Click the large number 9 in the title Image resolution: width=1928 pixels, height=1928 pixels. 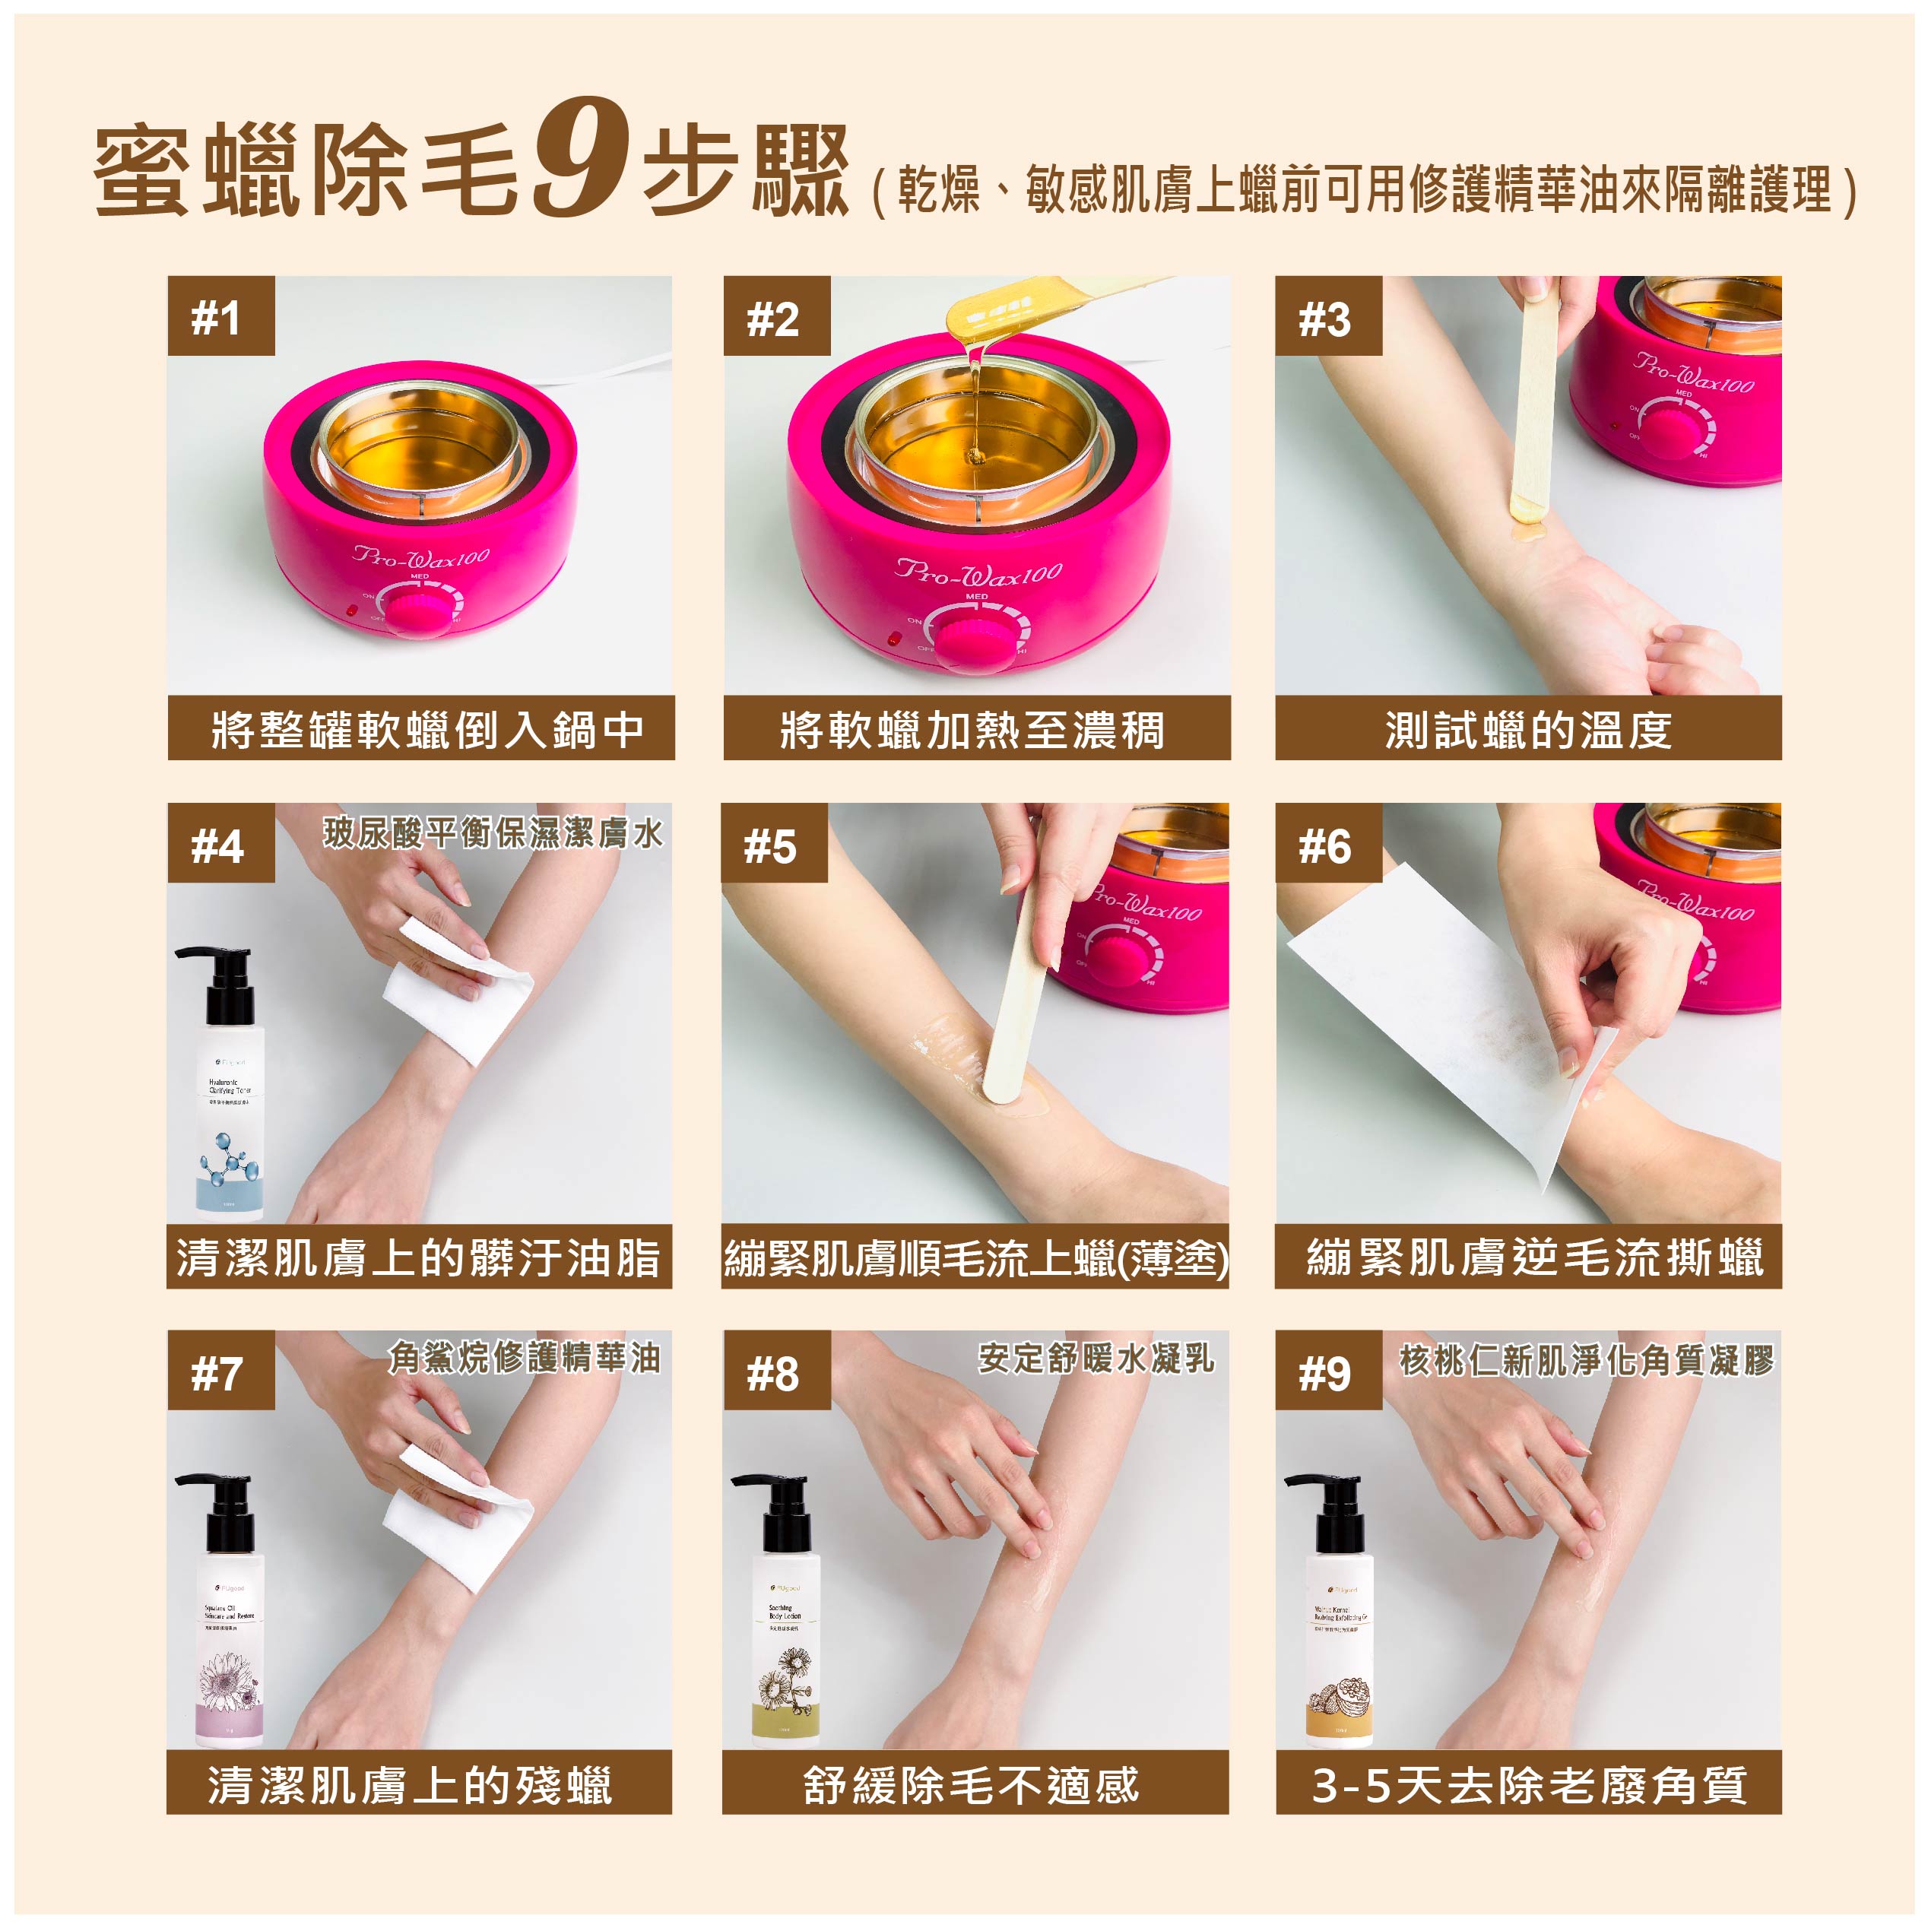[x=581, y=160]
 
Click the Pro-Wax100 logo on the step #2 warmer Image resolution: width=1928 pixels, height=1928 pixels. [x=978, y=571]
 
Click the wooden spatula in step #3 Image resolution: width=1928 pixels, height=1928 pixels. [x=1534, y=399]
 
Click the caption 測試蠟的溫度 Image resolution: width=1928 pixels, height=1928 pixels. [x=1528, y=730]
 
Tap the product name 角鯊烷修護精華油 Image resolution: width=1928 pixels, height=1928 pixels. [x=524, y=1356]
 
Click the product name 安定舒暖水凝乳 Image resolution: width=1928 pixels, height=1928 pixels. [x=1096, y=1356]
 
